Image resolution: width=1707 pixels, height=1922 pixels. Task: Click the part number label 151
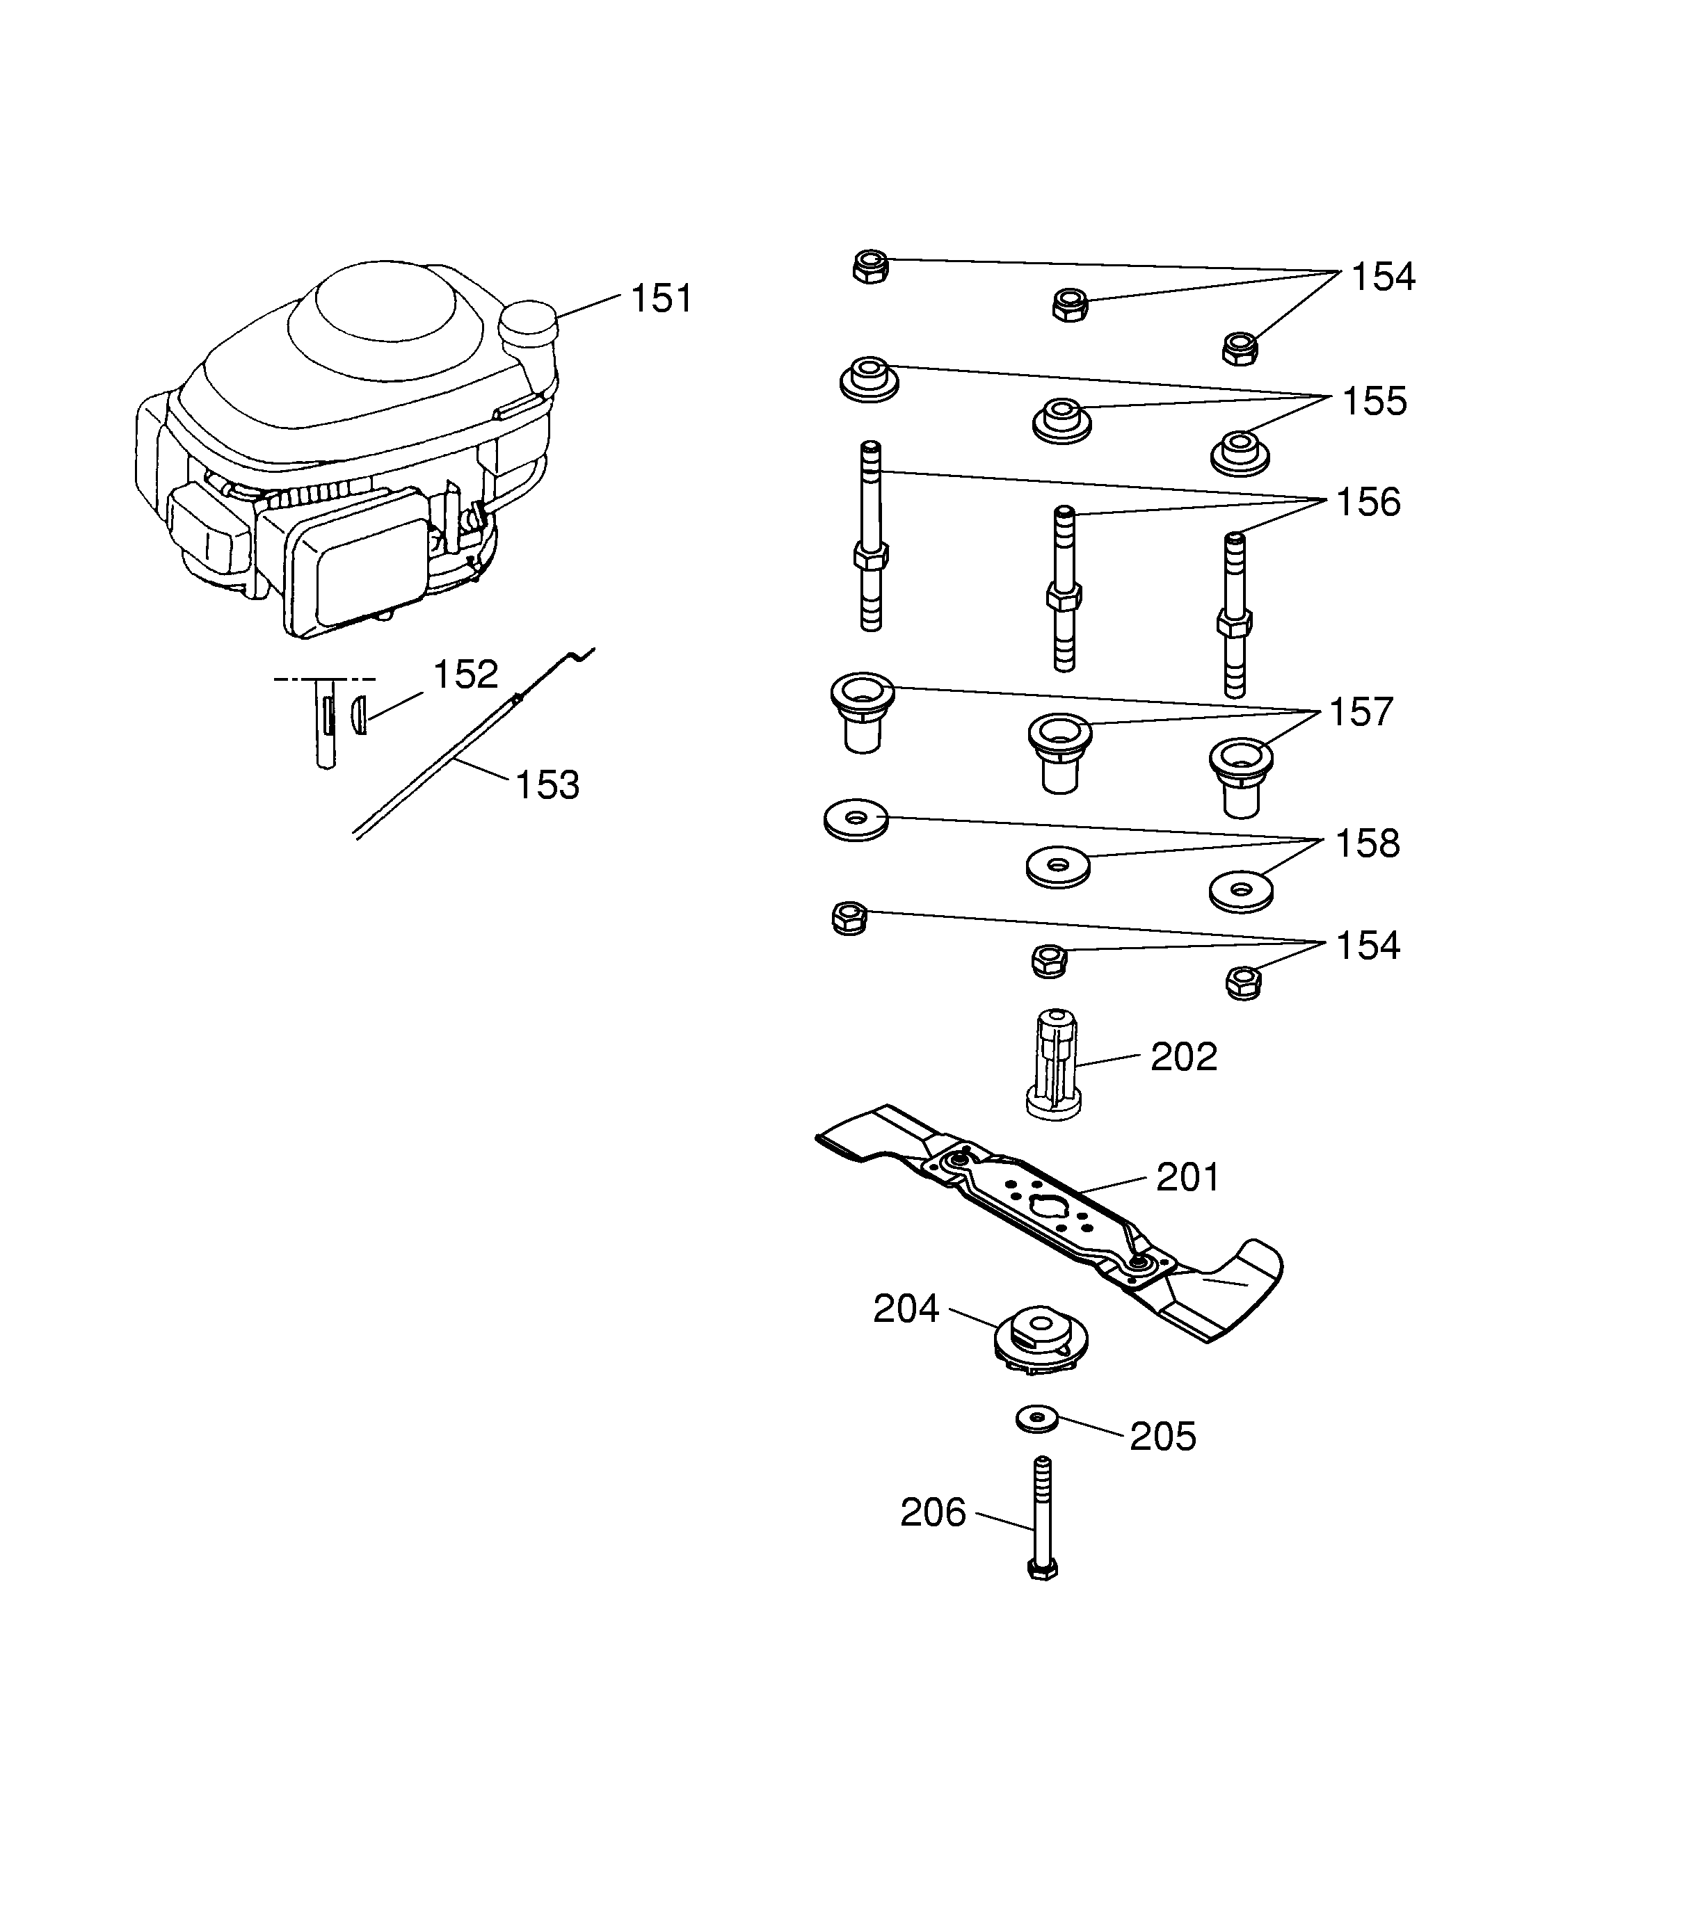[x=662, y=298]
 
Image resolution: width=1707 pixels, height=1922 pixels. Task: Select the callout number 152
[x=465, y=675]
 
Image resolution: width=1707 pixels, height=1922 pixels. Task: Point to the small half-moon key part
[x=358, y=715]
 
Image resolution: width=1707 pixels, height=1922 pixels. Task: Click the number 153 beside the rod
[x=547, y=785]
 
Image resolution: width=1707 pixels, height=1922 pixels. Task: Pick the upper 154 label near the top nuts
[x=1383, y=277]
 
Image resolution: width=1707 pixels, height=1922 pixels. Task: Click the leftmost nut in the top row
[x=870, y=267]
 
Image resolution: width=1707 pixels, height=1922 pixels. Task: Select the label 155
[x=1374, y=401]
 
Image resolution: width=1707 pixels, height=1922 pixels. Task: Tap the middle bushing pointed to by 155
[x=1061, y=419]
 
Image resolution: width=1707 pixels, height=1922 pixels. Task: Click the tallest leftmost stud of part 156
[x=871, y=536]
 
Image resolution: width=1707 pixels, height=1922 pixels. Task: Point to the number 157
[x=1360, y=713]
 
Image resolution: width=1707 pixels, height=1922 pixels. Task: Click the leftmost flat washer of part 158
[x=855, y=820]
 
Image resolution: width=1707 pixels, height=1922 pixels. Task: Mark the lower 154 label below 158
[x=1368, y=946]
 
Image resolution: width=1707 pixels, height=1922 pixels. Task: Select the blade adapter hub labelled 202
[x=1053, y=1065]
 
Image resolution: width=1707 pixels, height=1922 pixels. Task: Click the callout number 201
[x=1187, y=1177]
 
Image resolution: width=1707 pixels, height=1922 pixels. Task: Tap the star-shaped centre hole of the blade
[x=1045, y=1206]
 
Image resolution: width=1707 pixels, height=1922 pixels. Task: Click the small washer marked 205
[x=1037, y=1420]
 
